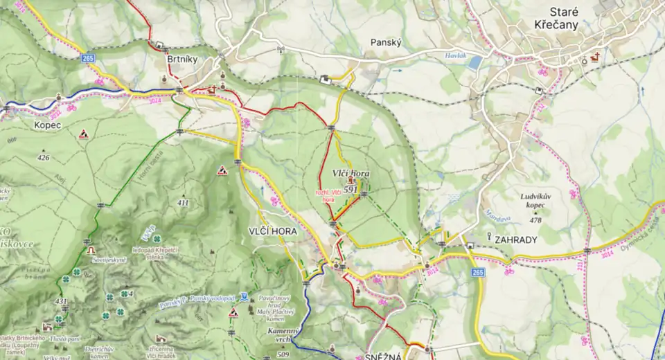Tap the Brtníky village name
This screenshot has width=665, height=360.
pos(182,60)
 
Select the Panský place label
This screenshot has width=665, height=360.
pos(386,42)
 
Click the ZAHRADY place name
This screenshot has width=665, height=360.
pos(516,240)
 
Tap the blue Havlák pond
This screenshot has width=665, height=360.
pos(475,63)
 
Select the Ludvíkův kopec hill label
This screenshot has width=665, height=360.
pos(538,201)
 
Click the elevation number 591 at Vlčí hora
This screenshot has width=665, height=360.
pos(350,189)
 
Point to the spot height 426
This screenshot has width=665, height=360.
pos(44,158)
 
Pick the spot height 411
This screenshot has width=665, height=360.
pos(183,203)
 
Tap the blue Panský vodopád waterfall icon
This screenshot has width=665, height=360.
pos(245,298)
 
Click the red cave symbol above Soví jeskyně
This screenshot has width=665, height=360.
pos(90,249)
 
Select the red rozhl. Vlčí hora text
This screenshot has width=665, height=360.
pos(329,196)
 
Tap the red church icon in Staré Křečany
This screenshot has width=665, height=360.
pos(594,59)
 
